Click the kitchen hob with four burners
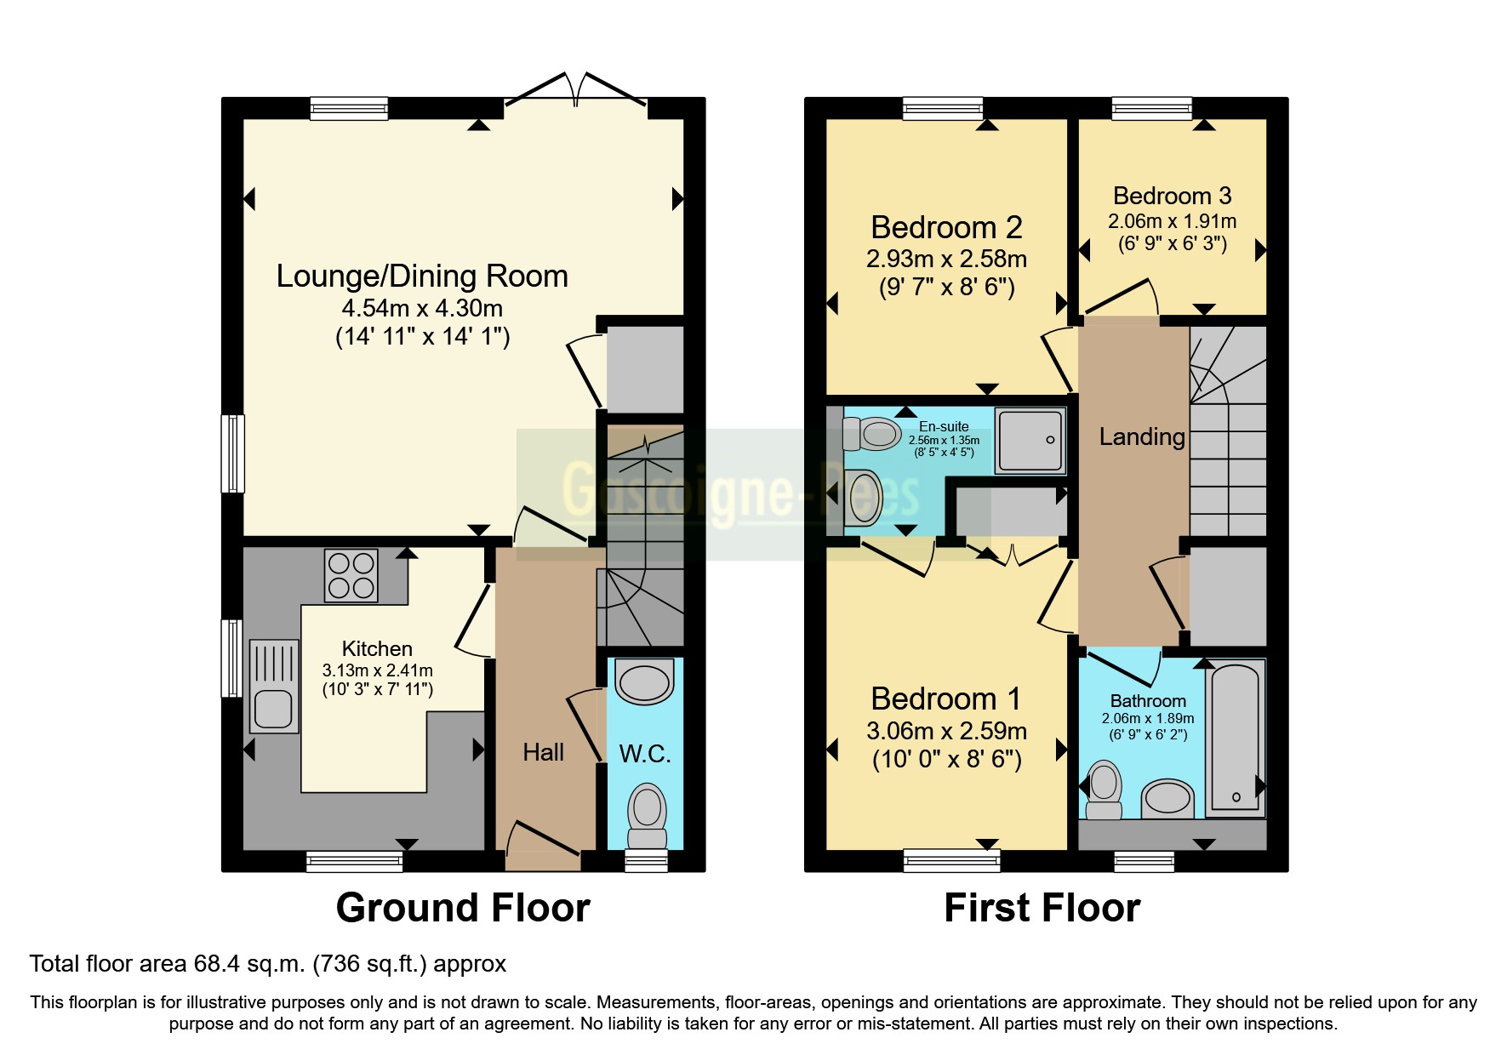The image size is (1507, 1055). click(x=351, y=575)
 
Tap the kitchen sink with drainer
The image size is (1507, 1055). click(x=274, y=687)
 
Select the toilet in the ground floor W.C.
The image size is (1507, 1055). click(x=647, y=814)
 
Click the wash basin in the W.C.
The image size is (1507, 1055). click(x=644, y=681)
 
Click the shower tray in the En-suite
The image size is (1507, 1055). click(x=1030, y=441)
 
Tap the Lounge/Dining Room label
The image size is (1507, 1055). click(x=422, y=277)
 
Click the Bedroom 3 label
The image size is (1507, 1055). click(x=1172, y=196)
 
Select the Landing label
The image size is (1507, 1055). click(x=1142, y=436)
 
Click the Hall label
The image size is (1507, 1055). click(x=543, y=752)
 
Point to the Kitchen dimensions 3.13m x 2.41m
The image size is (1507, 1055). click(x=377, y=670)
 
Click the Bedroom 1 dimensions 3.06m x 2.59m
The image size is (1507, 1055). click(x=946, y=731)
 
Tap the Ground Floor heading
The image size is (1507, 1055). click(x=463, y=908)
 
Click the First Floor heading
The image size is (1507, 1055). click(x=1042, y=908)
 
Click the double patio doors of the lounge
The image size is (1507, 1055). click(x=576, y=89)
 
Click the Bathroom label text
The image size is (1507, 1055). click(x=1148, y=701)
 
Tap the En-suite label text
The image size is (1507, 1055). click(x=944, y=426)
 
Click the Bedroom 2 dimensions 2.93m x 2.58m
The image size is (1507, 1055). click(x=946, y=259)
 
